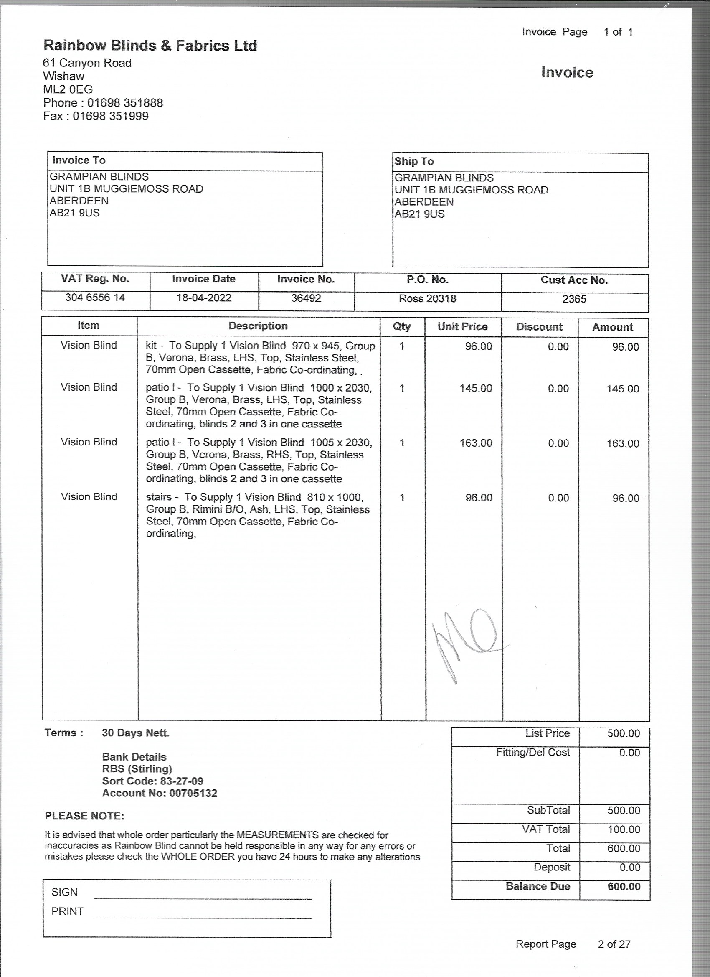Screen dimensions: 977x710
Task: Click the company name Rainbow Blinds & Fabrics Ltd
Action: point(150,45)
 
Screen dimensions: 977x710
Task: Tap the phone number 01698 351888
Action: point(125,103)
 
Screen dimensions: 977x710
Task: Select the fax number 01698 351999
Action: point(110,116)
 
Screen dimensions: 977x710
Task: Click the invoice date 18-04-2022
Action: point(204,298)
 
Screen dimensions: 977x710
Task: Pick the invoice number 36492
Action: point(306,298)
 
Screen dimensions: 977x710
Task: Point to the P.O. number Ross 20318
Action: point(427,298)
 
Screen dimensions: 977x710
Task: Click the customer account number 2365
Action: point(574,299)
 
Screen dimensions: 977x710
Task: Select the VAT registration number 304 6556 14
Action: point(95,297)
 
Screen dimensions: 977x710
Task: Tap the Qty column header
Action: point(402,326)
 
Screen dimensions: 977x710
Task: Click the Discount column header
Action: point(539,326)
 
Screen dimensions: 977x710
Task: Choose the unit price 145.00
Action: point(476,388)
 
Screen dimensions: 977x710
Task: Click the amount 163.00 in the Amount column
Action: point(623,443)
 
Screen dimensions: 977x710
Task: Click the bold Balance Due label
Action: point(538,886)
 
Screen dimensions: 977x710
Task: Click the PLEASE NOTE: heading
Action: point(84,816)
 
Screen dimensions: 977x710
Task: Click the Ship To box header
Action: point(414,162)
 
